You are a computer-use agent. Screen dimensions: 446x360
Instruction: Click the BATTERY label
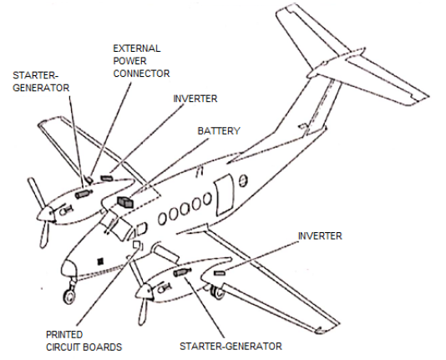[x=219, y=131]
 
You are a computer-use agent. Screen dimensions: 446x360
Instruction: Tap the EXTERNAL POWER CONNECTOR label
[x=141, y=61]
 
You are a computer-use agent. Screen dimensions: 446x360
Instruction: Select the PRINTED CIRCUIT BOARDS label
[x=84, y=341]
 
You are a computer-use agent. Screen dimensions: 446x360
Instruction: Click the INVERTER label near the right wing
[x=320, y=236]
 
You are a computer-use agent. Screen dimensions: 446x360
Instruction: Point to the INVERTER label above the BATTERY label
[x=195, y=99]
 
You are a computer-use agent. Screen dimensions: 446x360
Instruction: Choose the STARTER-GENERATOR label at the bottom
[x=231, y=346]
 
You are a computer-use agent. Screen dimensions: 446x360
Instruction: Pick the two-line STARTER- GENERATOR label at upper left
[x=41, y=82]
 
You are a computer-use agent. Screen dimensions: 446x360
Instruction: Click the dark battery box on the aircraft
[x=125, y=202]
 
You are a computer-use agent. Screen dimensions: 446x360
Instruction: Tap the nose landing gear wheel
[x=68, y=297]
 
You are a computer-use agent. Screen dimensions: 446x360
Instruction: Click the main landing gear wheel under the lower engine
[x=218, y=292]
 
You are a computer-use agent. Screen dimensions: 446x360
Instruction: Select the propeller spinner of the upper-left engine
[x=45, y=214]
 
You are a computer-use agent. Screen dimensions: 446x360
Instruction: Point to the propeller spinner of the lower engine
[x=144, y=292]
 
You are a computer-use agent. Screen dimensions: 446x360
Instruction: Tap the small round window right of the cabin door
[x=242, y=181]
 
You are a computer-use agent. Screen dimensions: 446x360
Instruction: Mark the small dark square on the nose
[x=100, y=261]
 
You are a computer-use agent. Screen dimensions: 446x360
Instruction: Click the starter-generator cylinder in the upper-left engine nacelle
[x=83, y=194]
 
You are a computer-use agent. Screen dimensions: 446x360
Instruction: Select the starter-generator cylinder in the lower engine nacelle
[x=182, y=272]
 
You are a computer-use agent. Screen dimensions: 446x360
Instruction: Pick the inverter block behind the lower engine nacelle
[x=220, y=273]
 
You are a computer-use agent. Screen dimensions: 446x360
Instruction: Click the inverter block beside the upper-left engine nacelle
[x=107, y=178]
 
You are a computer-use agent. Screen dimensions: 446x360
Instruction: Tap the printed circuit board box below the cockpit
[x=137, y=245]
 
